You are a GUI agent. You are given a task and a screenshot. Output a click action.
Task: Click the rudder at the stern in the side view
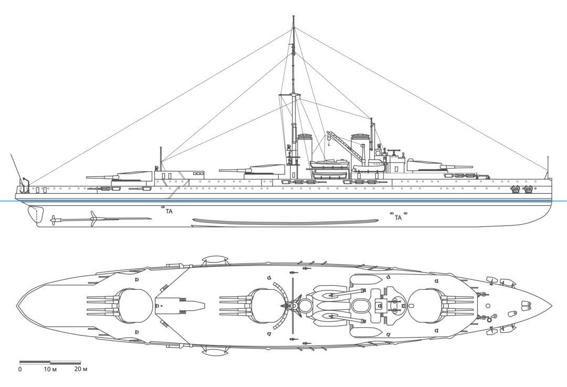pos(31,215)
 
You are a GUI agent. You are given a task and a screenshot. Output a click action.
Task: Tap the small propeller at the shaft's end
pos(52,219)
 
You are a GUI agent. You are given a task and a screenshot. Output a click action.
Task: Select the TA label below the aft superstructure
pos(169,212)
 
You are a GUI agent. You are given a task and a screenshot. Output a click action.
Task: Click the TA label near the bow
pos(398,217)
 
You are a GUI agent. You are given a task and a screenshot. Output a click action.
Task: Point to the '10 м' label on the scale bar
pos(50,370)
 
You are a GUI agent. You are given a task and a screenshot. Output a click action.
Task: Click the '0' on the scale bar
pos(20,370)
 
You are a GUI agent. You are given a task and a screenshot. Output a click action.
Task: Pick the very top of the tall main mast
pos(293,17)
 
